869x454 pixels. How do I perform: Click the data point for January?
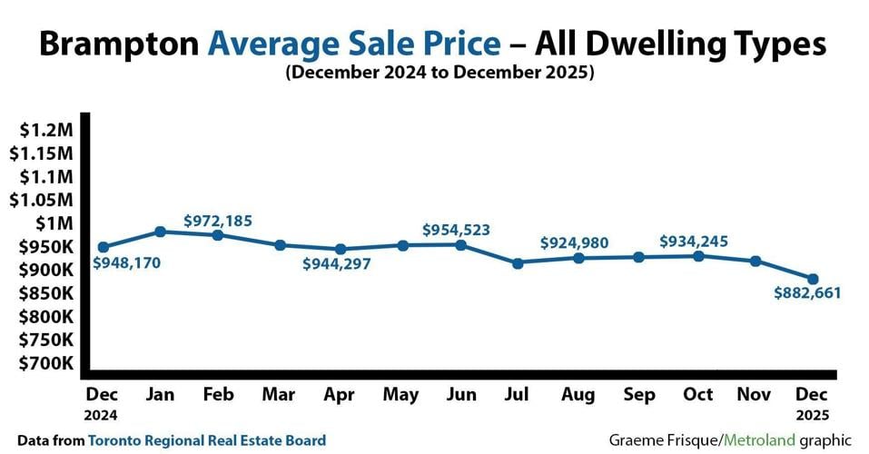click(161, 232)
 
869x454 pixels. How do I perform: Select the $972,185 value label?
click(218, 220)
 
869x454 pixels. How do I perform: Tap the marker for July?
click(518, 263)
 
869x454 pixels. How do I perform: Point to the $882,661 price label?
click(807, 292)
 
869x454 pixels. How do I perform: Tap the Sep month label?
click(638, 394)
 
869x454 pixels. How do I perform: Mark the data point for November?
click(755, 261)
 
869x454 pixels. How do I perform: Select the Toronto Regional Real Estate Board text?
click(207, 439)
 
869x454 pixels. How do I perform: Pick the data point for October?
click(697, 256)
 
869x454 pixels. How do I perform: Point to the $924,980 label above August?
click(574, 242)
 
